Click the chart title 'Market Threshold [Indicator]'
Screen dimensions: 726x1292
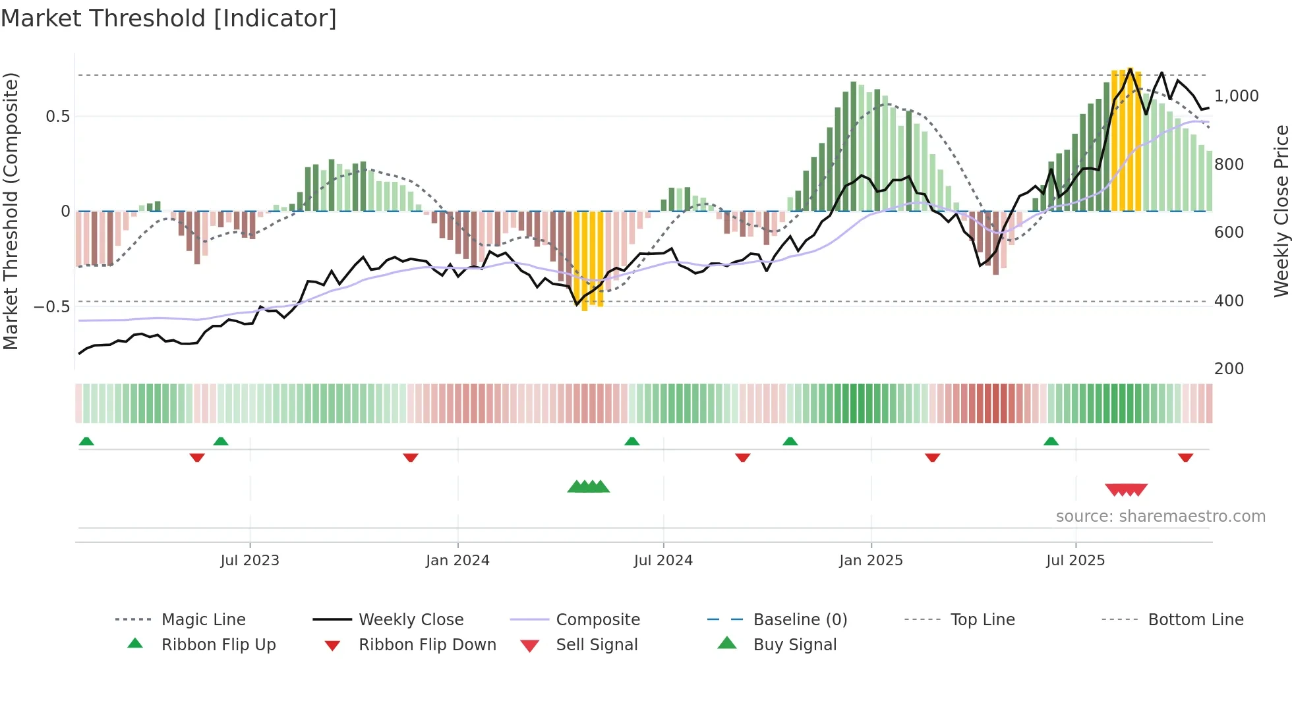tap(169, 18)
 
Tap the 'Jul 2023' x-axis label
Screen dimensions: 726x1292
tap(250, 561)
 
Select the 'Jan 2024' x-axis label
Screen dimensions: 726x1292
tap(457, 561)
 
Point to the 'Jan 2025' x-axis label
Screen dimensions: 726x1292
tap(871, 561)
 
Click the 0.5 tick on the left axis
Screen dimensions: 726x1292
tap(58, 117)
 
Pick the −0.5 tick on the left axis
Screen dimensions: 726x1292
tap(51, 307)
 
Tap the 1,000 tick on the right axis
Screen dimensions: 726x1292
tap(1236, 96)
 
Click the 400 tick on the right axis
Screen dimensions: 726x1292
tap(1229, 301)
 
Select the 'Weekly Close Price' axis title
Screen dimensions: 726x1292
tap(1281, 211)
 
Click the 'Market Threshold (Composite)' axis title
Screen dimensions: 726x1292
tap(11, 211)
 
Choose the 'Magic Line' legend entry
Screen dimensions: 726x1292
tap(203, 620)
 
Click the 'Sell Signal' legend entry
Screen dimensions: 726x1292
tap(597, 645)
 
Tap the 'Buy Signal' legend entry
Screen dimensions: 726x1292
tap(794, 645)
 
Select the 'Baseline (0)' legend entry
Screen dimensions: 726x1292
tap(800, 620)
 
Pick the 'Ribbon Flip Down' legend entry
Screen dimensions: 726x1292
tap(427, 645)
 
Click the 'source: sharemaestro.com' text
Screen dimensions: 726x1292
tap(1160, 517)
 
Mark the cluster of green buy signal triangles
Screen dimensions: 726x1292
tap(589, 487)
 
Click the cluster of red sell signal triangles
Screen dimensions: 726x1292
tap(1126, 489)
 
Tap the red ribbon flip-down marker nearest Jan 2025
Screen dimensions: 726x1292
tap(932, 457)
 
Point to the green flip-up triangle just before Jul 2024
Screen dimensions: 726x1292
tap(632, 441)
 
